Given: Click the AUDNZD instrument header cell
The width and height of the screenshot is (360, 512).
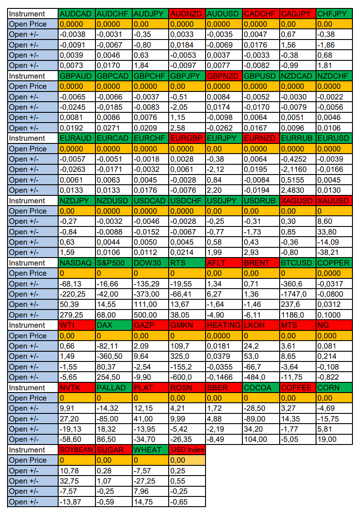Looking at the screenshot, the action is pos(187,14).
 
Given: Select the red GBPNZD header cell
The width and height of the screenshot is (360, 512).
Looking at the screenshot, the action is pos(224,76).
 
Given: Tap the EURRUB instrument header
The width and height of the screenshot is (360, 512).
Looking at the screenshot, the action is pos(298,139).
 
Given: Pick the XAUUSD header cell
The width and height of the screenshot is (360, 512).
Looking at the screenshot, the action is pos(335,201).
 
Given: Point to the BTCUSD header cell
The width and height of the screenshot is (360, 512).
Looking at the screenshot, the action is pos(298,263).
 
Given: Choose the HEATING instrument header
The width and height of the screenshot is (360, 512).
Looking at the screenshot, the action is pos(224,325).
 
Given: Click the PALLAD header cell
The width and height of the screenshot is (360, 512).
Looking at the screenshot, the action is pos(114,388).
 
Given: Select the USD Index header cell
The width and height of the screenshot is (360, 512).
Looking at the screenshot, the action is pos(187,450).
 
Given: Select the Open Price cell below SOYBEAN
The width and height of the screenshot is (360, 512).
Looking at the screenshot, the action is pos(77,460).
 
